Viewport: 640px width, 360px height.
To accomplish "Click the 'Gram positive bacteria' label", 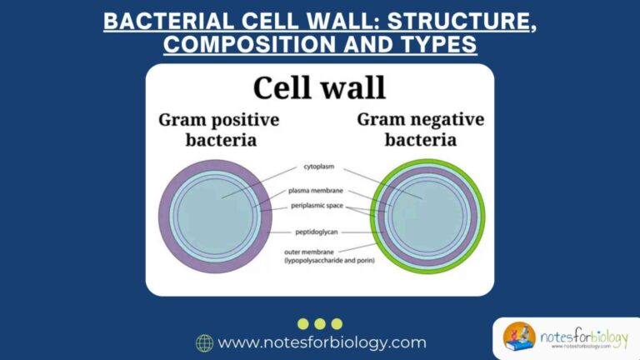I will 218,129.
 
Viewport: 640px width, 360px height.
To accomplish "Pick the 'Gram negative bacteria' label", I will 420,129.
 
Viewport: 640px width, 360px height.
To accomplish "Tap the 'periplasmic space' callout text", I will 319,205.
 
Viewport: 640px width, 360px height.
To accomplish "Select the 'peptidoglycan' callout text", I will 319,231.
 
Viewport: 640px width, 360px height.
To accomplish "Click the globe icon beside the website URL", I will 204,342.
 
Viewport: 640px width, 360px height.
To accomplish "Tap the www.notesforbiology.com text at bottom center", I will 322,342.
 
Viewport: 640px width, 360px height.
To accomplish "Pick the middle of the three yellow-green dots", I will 320,323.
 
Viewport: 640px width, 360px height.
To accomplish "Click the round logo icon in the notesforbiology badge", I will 519,337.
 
